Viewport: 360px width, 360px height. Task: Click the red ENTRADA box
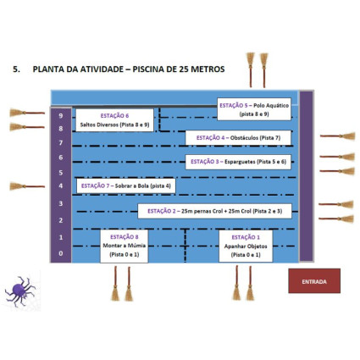coord(314,281)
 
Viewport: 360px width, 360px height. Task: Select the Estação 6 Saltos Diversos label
coord(114,120)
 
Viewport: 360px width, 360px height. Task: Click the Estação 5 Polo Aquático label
coord(254,109)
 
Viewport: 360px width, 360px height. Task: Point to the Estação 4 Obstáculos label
coord(238,138)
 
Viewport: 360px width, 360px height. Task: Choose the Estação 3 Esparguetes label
coord(238,162)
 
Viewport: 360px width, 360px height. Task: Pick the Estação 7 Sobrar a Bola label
coord(126,186)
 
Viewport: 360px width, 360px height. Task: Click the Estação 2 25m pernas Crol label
coord(214,211)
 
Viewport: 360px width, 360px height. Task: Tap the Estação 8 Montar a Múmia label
coord(125,246)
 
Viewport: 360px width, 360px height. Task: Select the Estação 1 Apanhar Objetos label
coord(246,246)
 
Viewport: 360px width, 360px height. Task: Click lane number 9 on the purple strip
coord(61,116)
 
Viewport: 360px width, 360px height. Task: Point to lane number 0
coord(61,253)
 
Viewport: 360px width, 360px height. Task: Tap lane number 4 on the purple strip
coord(61,186)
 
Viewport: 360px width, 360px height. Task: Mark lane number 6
coord(61,158)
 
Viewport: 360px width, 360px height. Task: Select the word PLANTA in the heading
coord(48,69)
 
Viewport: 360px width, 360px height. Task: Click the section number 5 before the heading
coord(16,69)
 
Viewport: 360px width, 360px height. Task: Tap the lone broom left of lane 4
coord(27,186)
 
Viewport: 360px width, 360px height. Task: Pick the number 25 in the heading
coord(184,69)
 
